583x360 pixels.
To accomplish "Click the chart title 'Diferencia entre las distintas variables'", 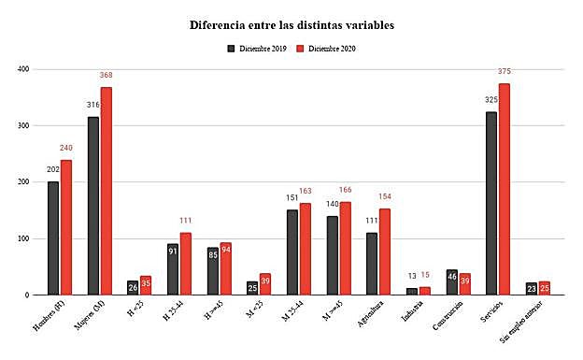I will click(291, 24).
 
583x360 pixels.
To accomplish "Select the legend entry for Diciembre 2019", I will click(255, 48).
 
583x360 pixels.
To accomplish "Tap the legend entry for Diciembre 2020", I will click(326, 48).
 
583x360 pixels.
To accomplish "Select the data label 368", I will click(106, 77).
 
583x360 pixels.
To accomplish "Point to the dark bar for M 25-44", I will click(292, 252).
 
